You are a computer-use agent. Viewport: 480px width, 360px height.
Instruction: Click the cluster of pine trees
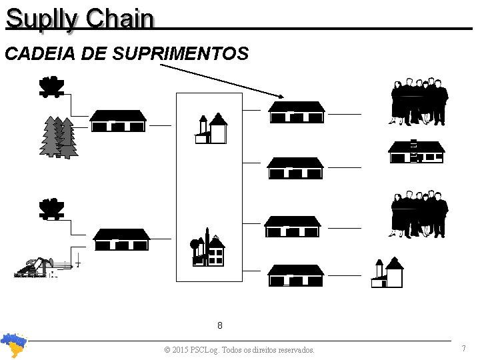coord(59,137)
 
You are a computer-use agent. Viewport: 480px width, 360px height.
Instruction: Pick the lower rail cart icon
coord(51,209)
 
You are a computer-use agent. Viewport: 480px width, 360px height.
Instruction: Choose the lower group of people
coord(418,215)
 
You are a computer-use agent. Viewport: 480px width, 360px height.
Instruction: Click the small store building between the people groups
coord(416,152)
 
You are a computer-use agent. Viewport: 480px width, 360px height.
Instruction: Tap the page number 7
coord(463,349)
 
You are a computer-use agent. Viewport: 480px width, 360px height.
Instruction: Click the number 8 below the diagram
coord(220,326)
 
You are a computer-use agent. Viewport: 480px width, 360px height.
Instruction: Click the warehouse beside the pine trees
coord(118,121)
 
